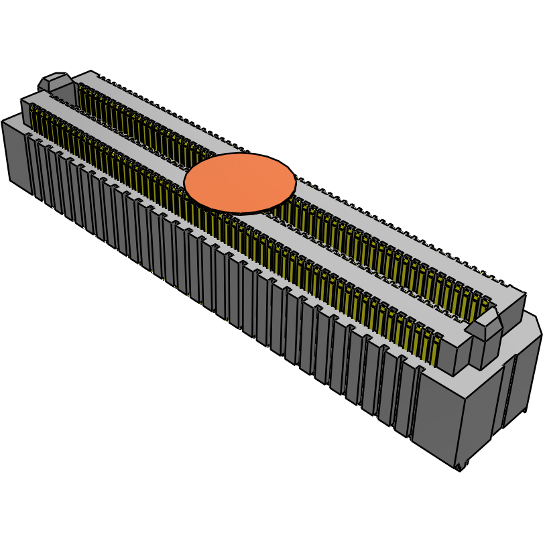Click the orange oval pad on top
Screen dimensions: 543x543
coord(239,183)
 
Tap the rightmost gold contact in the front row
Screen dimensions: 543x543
coord(436,349)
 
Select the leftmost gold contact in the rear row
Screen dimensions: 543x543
coord(81,94)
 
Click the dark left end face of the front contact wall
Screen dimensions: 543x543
coord(25,111)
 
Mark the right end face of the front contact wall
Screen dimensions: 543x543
coord(463,355)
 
